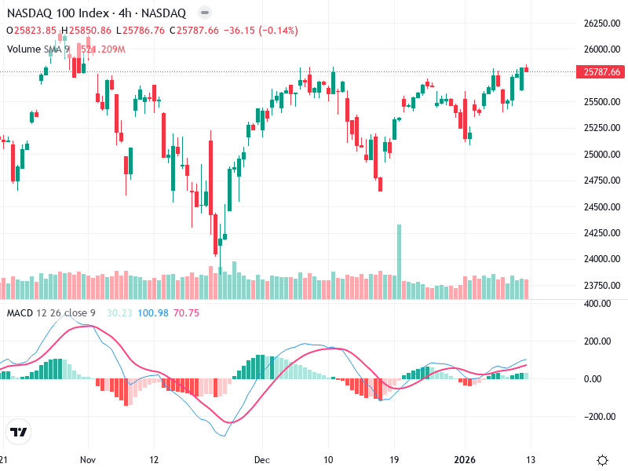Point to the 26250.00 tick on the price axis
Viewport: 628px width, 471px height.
(x=601, y=24)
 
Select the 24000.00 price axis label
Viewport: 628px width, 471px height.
(x=601, y=259)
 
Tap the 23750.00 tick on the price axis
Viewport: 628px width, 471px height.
(x=601, y=285)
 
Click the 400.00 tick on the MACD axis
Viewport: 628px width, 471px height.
(x=598, y=304)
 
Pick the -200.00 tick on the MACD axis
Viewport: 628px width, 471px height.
(x=598, y=417)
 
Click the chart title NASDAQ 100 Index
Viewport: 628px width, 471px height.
(x=53, y=13)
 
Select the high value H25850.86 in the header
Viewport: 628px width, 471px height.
(x=89, y=31)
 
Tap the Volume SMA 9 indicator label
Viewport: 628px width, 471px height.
(x=38, y=49)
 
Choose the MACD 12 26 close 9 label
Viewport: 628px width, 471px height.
(x=51, y=313)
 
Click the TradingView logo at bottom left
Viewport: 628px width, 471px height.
(x=18, y=432)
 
